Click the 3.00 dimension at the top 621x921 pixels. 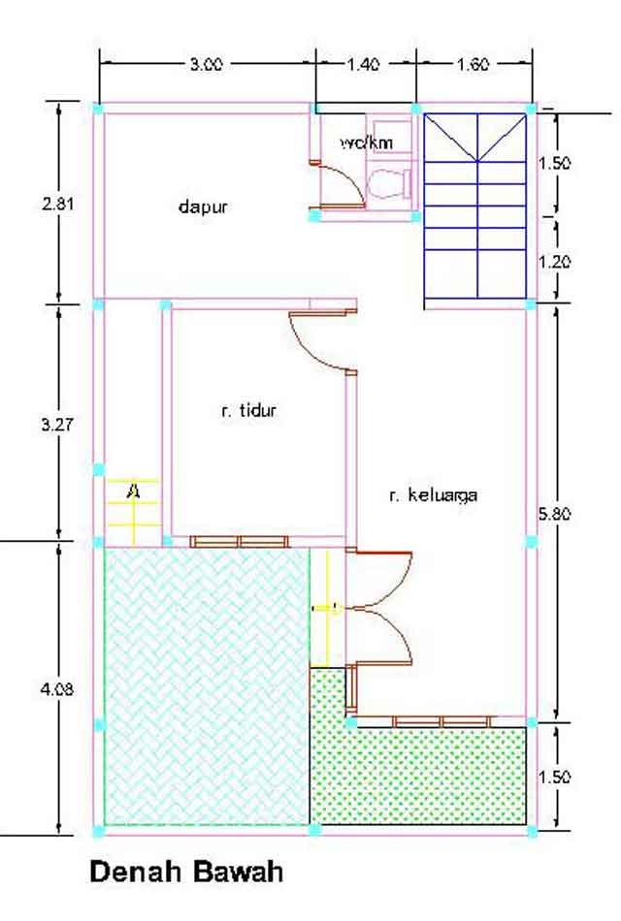(x=206, y=65)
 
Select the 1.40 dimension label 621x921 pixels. (x=363, y=65)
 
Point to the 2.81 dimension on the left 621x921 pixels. (x=59, y=205)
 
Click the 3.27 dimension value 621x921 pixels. (x=59, y=424)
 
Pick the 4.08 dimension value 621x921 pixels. (x=59, y=689)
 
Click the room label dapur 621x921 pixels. (x=203, y=206)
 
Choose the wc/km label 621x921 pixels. (x=367, y=143)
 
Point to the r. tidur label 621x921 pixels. (x=249, y=411)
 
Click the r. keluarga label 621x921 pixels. (x=433, y=495)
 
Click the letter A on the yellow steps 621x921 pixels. (x=133, y=492)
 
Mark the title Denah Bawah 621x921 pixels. (x=187, y=872)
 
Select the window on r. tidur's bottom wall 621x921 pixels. (x=239, y=541)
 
